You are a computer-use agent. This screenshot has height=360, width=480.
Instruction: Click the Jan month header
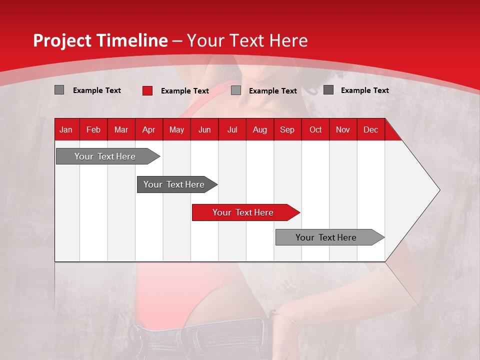[x=66, y=129]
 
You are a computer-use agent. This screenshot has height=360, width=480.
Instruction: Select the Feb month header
[x=93, y=129]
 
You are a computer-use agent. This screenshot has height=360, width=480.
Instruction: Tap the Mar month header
[x=121, y=129]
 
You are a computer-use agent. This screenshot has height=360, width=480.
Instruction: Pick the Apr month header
[x=149, y=129]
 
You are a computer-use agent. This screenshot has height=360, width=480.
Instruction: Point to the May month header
[x=176, y=129]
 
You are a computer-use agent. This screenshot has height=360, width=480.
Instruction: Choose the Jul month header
[x=232, y=129]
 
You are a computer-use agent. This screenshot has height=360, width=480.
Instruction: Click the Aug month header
[x=260, y=129]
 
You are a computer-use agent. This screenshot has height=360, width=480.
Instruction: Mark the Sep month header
[x=287, y=129]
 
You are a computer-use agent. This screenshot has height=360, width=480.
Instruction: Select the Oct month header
[x=315, y=129]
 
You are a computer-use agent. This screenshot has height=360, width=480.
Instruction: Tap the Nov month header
[x=343, y=129]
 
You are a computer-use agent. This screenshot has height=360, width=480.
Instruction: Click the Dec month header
[x=371, y=129]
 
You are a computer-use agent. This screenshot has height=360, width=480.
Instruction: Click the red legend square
[x=147, y=90]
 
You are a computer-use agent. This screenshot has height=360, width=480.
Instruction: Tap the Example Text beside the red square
[x=184, y=91]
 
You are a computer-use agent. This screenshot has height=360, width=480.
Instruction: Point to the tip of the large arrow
[x=439, y=190]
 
